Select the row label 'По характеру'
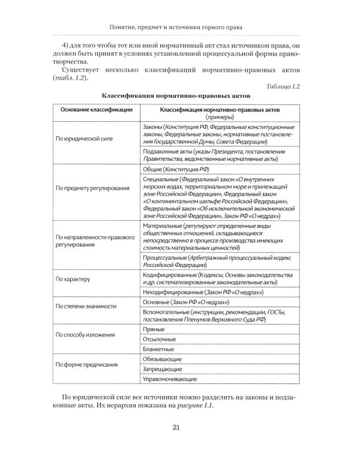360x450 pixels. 71,279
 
